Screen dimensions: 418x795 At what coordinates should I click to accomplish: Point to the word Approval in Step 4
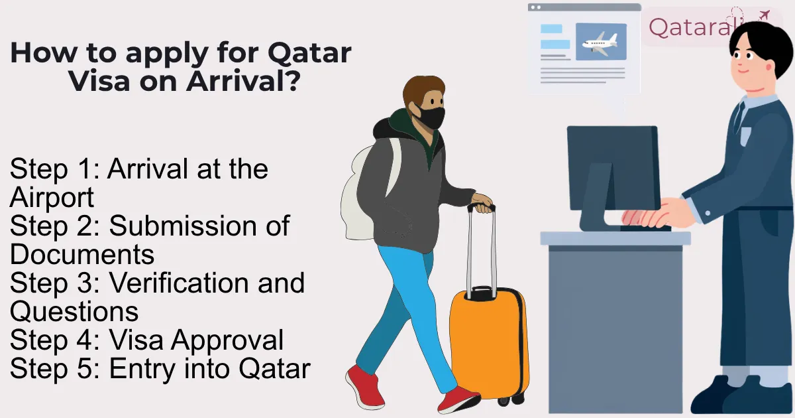[x=228, y=340]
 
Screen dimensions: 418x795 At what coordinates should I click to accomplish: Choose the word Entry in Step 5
[x=140, y=369]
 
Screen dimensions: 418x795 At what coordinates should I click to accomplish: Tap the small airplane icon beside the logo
[x=764, y=14]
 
